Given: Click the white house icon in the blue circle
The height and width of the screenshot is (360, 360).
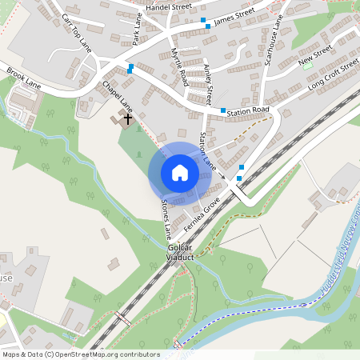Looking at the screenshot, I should tap(180, 173).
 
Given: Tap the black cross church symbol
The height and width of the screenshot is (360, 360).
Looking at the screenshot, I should tap(127, 118).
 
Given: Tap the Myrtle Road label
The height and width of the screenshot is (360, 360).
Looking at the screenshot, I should tap(179, 66).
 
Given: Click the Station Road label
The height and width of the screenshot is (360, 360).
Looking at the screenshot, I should tap(250, 110).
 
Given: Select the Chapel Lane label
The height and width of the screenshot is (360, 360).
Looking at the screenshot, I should tap(117, 95).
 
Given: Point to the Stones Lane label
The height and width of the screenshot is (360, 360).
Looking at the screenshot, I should tap(166, 219).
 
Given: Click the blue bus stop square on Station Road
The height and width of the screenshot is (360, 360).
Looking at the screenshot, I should tap(223, 111).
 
